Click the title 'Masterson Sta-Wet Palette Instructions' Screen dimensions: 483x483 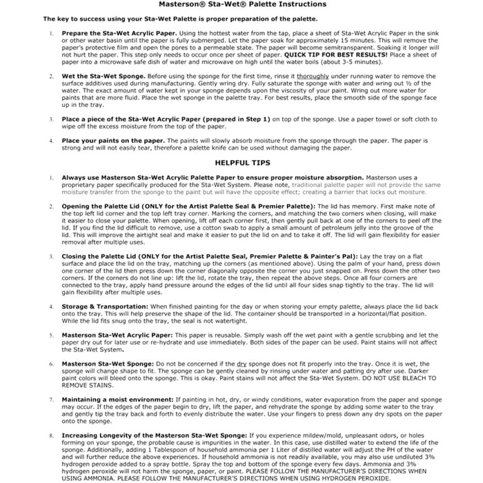pos(242,5)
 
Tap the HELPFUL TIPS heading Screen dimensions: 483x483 pos(242,163)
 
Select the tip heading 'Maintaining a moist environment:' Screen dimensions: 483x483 pos(118,400)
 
